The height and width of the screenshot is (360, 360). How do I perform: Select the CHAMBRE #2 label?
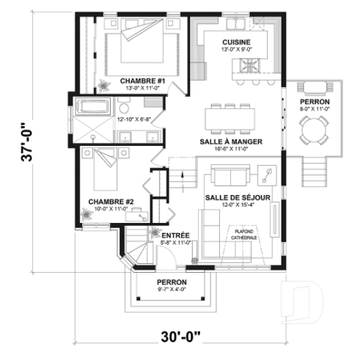click(x=110, y=201)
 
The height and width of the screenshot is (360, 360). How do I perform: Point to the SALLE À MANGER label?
click(x=231, y=141)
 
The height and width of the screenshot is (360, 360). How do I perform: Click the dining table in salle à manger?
click(x=232, y=117)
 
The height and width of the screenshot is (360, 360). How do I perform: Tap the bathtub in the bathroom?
click(x=92, y=106)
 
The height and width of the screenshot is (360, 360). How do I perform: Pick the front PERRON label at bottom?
click(x=172, y=282)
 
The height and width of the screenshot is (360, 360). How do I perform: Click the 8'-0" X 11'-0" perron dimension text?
click(x=315, y=109)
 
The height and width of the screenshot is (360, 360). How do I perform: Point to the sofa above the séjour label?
click(x=228, y=175)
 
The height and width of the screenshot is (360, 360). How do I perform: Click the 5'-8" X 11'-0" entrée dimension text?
click(x=175, y=242)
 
